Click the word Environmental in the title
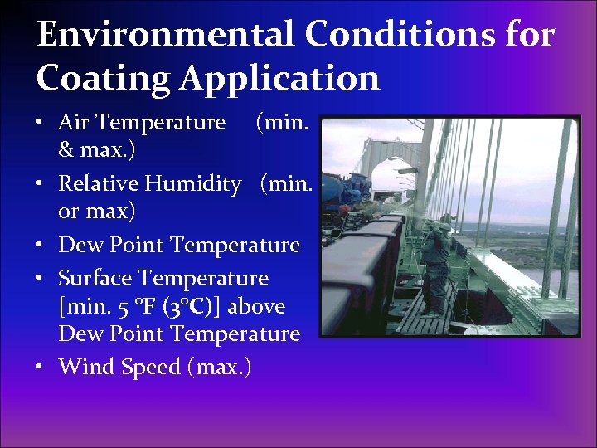164,35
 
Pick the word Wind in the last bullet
81,366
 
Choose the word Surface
95,278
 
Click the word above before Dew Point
256,306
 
